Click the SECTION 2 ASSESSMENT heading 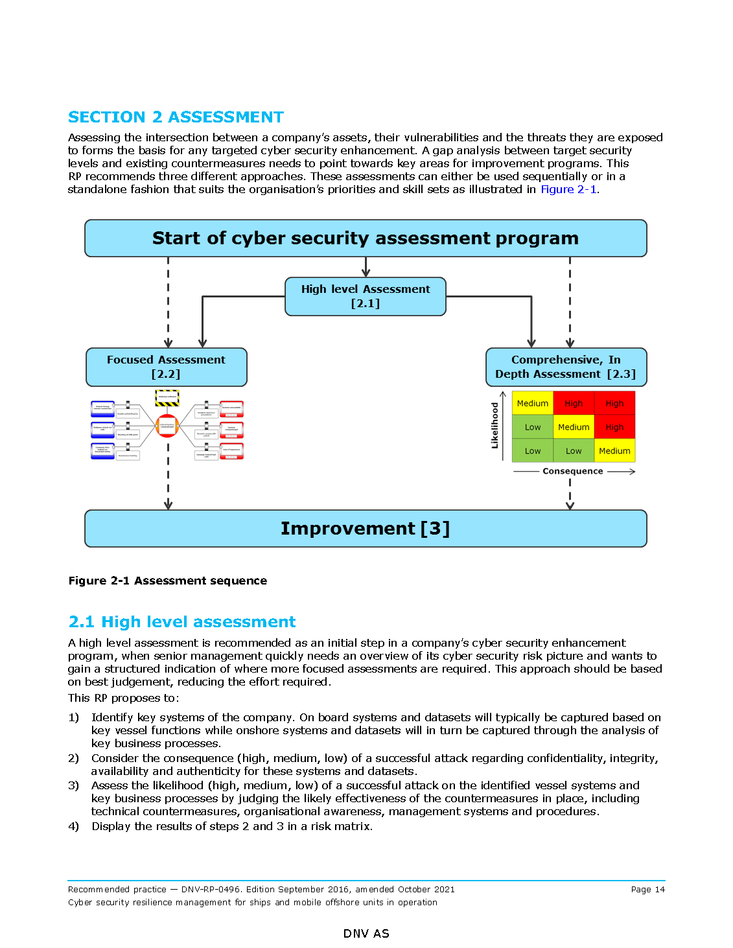coord(176,117)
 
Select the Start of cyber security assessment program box coord(366,238)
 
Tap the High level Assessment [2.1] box coord(366,296)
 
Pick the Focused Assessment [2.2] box coord(167,367)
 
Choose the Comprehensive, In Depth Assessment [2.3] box coord(566,367)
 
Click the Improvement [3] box coord(366,529)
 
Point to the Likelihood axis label coord(495,425)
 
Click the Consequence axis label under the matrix coord(573,471)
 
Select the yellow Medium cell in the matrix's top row coord(533,403)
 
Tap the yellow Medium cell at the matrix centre coord(574,427)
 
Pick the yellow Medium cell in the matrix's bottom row coord(614,451)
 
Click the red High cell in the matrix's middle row coord(614,427)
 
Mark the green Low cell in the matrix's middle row coord(533,427)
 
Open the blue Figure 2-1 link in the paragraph coord(568,189)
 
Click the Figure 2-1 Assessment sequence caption coord(168,581)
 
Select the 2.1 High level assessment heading coord(182,622)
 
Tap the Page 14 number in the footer coord(647,890)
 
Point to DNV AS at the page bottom coord(366,934)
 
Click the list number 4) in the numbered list coord(74,826)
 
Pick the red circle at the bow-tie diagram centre coord(167,426)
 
